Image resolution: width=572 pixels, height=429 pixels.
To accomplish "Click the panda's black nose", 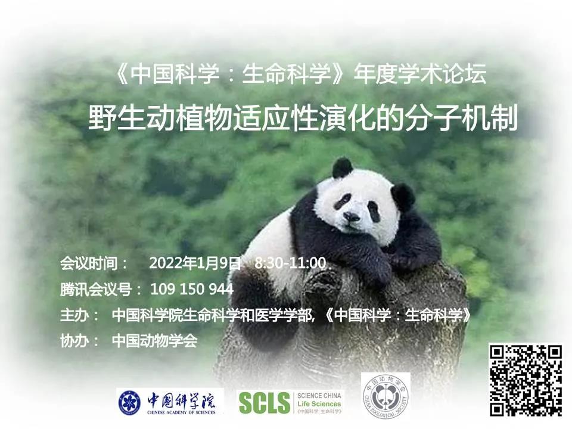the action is (x=352, y=217).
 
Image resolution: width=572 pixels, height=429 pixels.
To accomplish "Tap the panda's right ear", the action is (x=342, y=168).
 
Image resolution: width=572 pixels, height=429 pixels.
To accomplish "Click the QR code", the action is (x=526, y=380).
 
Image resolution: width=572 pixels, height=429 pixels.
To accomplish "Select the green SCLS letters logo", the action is (x=264, y=403).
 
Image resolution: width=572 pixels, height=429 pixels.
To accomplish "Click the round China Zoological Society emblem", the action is (x=386, y=397).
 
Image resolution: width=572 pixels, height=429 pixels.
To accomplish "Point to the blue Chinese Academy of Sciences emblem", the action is (x=130, y=402).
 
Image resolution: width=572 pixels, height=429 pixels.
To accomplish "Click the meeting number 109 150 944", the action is (x=192, y=290).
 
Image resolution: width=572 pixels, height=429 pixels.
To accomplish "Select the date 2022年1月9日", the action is (x=195, y=263).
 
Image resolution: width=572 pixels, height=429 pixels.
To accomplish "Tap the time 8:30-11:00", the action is (x=291, y=263).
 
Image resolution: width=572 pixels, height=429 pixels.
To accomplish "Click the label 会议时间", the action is (x=88, y=263).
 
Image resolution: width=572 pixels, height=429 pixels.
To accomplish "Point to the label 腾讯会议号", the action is (x=95, y=290).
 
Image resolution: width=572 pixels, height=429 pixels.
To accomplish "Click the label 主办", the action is (x=74, y=315).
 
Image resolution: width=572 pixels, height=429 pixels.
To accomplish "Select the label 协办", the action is (x=74, y=341).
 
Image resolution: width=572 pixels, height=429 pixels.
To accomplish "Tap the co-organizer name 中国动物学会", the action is (x=155, y=341).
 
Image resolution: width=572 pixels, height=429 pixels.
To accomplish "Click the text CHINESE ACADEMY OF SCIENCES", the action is (x=181, y=412).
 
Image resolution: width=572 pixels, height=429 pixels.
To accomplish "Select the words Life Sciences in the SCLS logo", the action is (x=319, y=404).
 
